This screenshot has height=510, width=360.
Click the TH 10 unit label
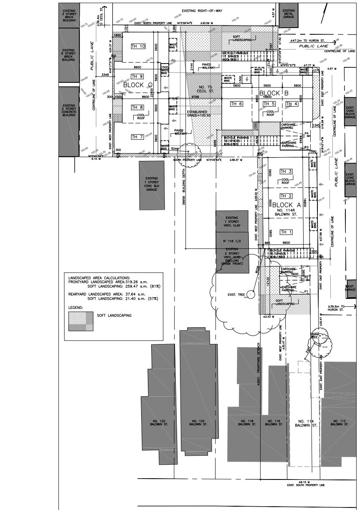(x=138, y=46)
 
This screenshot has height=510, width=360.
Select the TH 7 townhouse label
(x=137, y=137)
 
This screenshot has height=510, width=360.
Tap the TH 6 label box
(x=235, y=104)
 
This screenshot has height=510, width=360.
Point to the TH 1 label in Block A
(x=286, y=232)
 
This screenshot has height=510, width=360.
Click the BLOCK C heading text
(x=138, y=84)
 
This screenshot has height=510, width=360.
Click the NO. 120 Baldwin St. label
(x=198, y=422)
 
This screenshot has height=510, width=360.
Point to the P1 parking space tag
(x=306, y=291)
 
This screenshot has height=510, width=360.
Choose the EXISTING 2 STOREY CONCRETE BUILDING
(x=69, y=110)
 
